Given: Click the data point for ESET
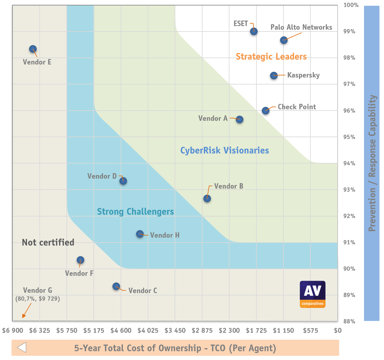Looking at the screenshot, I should tap(254, 31).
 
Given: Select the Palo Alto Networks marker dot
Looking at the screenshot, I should tap(284, 40).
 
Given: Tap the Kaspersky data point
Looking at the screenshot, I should tap(274, 75).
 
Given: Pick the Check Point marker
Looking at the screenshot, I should tap(265, 111).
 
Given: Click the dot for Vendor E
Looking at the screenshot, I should tap(33, 49).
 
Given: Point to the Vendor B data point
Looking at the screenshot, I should tap(207, 199).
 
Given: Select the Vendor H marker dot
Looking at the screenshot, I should tap(140, 234).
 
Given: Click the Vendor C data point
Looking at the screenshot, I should tap(116, 286).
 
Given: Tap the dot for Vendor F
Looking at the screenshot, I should tap(80, 260).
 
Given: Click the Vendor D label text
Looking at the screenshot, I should tap(102, 176).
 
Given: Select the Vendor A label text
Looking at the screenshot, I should tap(213, 118).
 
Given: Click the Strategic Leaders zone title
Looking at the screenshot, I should tap(271, 57).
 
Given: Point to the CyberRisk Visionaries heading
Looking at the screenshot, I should tap(225, 150).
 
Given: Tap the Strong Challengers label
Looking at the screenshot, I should tap(135, 212).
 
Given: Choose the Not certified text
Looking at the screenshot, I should tap(48, 243).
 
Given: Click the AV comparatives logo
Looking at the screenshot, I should tap(312, 294).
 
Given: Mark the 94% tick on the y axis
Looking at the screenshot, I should tap(349, 163).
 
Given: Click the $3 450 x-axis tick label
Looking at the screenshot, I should tap(175, 330).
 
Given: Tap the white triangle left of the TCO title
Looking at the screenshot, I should tap(22, 348).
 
